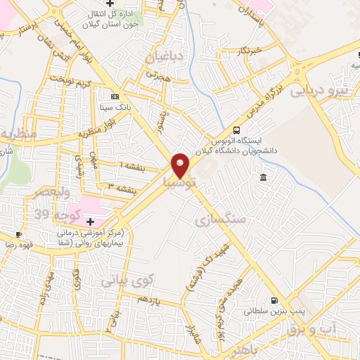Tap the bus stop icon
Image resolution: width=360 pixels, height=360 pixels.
pyautogui.click(x=236, y=129)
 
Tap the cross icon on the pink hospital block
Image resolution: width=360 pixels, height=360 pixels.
pyautogui.click(x=89, y=221)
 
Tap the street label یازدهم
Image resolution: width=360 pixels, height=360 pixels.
pyautogui.click(x=149, y=300)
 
